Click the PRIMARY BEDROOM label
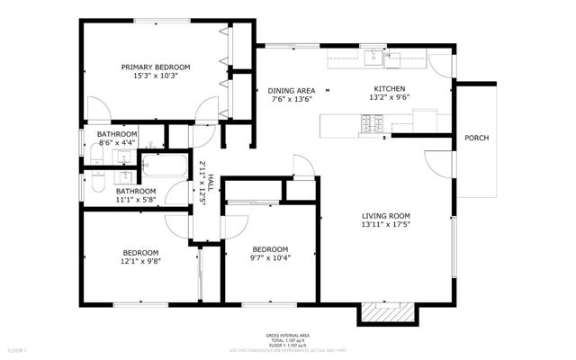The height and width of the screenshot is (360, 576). (x=157, y=67)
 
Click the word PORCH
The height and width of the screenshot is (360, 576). (x=476, y=138)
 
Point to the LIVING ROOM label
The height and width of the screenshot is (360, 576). (x=386, y=215)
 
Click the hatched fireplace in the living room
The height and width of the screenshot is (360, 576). (x=387, y=312)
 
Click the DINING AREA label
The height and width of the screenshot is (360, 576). (x=291, y=90)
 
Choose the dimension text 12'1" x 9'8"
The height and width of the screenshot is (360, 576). (x=141, y=262)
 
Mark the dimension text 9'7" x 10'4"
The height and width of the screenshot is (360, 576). (x=269, y=259)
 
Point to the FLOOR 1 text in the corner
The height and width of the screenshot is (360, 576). (x=17, y=348)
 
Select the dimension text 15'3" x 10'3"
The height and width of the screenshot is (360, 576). (x=157, y=76)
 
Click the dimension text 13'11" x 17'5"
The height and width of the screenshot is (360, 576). (x=386, y=225)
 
